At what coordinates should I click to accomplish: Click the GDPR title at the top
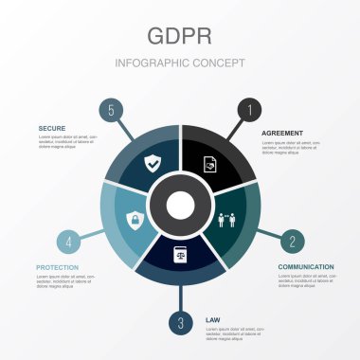click(179, 35)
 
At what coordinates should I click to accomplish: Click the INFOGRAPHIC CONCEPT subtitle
click(179, 63)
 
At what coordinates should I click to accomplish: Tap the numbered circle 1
click(249, 110)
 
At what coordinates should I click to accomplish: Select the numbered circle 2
click(293, 240)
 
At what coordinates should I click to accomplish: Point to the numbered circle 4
click(67, 240)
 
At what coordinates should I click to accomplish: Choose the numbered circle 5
click(111, 110)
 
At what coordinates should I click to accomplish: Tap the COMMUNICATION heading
click(306, 266)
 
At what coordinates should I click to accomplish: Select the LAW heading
click(212, 320)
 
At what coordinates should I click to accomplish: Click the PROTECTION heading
click(58, 267)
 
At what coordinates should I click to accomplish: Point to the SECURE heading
click(52, 127)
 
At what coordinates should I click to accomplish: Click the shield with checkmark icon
click(152, 164)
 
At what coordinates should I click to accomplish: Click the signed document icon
click(209, 164)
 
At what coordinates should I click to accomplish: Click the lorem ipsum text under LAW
click(232, 334)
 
